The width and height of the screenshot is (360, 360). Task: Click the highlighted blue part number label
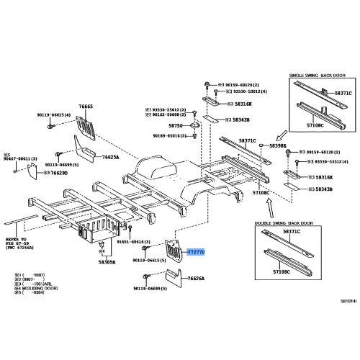[x=197, y=253]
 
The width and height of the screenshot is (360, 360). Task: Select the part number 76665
[x=87, y=106]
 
